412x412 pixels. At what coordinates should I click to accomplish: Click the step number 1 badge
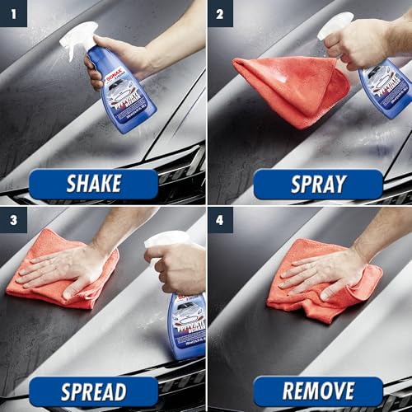point(12,13)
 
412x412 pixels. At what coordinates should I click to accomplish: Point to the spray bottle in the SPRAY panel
point(385,82)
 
